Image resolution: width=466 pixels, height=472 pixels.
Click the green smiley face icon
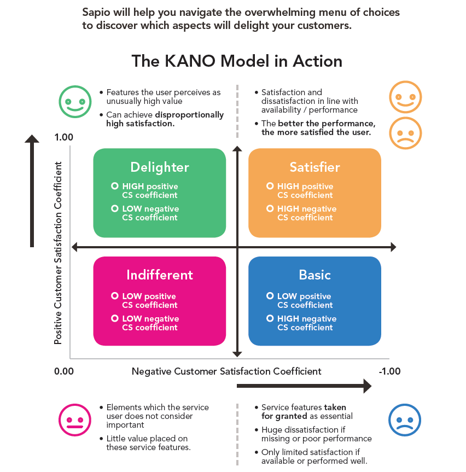(x=75, y=102)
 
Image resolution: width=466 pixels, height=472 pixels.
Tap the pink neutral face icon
(x=75, y=421)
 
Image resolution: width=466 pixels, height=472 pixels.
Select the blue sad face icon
(x=405, y=421)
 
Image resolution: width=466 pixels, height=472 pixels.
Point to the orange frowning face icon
(x=405, y=133)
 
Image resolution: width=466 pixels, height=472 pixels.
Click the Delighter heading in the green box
(x=160, y=167)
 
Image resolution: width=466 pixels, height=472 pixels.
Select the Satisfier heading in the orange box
(x=314, y=167)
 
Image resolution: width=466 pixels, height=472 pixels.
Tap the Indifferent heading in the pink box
(x=160, y=275)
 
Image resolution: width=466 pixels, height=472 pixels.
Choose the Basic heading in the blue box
(x=314, y=275)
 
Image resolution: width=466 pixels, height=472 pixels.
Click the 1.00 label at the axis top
(x=63, y=137)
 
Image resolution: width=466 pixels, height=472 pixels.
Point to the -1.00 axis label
(x=389, y=372)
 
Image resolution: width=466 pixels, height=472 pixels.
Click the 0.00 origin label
(x=63, y=372)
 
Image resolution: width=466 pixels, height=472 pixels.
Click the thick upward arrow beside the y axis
(x=32, y=191)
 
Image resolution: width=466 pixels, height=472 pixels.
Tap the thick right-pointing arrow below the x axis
(x=304, y=387)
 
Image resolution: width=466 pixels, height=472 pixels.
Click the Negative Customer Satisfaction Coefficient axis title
(x=226, y=372)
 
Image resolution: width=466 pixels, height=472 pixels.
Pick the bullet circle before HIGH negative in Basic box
(x=270, y=318)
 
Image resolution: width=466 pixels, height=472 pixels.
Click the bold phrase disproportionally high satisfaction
(x=164, y=120)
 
